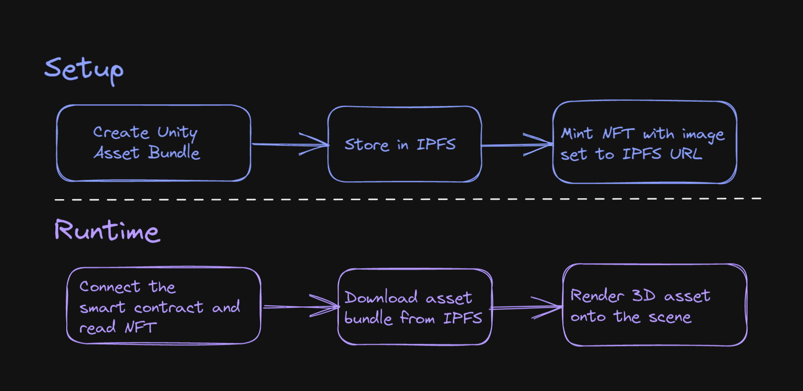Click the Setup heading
(84, 70)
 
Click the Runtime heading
(107, 231)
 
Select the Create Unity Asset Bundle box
(153, 143)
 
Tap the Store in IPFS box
(404, 144)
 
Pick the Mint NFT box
(644, 142)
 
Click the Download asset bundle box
(415, 307)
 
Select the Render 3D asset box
(654, 305)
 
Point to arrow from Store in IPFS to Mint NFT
(516, 145)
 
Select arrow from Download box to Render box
(526, 308)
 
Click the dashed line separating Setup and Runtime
(406, 199)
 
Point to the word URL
(685, 154)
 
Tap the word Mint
(576, 134)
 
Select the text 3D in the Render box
(643, 296)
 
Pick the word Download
(381, 298)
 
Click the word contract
(169, 308)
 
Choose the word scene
(670, 317)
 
